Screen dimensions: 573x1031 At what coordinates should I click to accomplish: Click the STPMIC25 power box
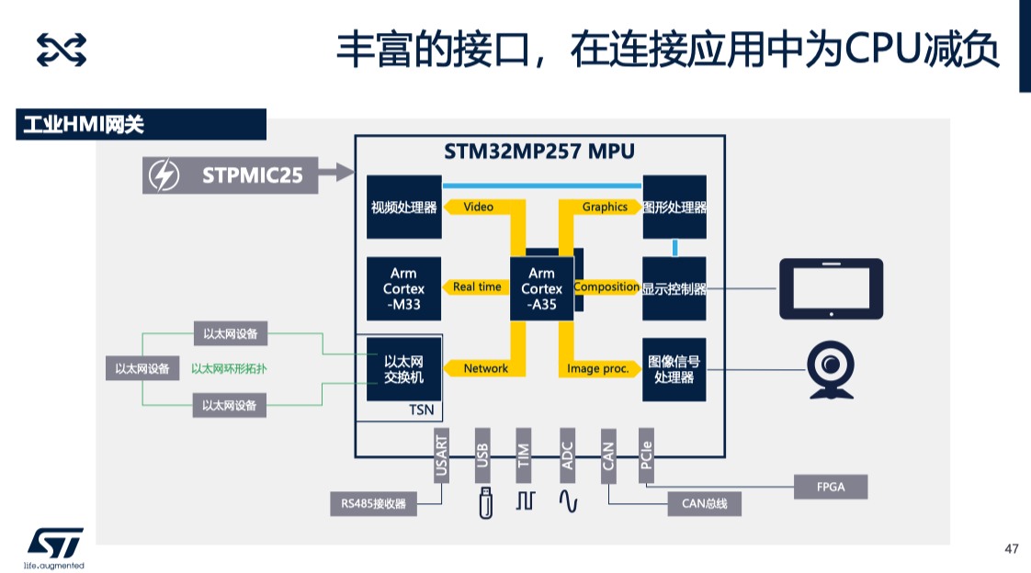tap(231, 174)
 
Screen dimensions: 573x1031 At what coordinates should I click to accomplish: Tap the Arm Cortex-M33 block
tap(403, 288)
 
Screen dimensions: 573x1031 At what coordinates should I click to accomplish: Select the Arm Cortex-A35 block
tap(541, 288)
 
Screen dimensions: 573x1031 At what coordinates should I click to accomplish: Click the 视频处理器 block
tap(403, 208)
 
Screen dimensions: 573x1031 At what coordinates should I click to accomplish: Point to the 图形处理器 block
tap(674, 208)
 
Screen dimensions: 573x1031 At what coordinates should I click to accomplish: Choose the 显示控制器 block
tap(674, 288)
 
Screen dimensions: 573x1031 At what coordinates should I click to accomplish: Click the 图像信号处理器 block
tap(674, 369)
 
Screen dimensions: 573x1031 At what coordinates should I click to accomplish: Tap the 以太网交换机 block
tap(403, 368)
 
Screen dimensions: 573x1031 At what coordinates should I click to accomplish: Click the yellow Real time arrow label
tap(477, 287)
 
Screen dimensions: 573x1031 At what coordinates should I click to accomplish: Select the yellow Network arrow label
tap(485, 368)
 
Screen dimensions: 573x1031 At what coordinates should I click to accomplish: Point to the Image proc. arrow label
tap(598, 368)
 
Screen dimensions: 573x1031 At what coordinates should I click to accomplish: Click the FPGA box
tap(831, 487)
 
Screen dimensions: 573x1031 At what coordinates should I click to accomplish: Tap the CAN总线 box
tap(704, 503)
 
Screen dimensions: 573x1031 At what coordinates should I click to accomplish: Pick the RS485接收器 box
tap(373, 503)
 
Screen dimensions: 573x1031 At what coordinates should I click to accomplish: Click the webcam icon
tap(831, 370)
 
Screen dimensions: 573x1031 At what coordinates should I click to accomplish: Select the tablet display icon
tap(831, 287)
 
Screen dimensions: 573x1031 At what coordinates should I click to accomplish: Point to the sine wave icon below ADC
tap(568, 501)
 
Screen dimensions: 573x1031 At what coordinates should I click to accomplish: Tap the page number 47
tap(1012, 549)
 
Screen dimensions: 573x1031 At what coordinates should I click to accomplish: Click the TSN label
tap(421, 410)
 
